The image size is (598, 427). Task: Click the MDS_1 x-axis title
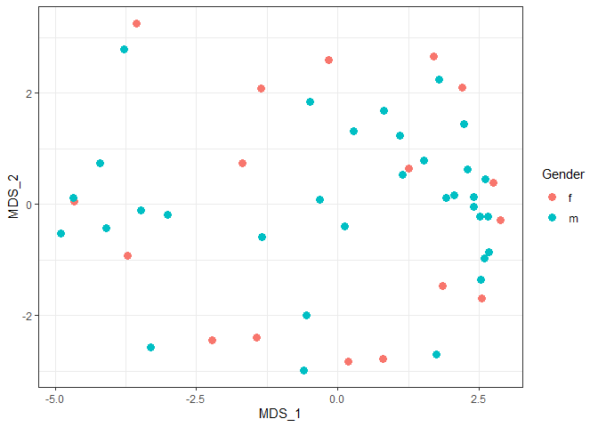(x=280, y=414)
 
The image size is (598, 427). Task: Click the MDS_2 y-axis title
(x=13, y=196)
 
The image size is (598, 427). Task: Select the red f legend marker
(x=552, y=197)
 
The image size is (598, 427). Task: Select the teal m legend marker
(x=552, y=217)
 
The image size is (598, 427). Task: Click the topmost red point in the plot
(x=136, y=23)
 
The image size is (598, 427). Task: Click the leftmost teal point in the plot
(x=61, y=234)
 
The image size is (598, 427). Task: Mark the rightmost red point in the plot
(x=500, y=220)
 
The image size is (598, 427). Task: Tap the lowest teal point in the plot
(x=303, y=370)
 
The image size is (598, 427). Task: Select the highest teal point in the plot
(x=124, y=49)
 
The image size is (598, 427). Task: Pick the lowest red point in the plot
(x=348, y=361)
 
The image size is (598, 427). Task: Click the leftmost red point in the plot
(x=74, y=202)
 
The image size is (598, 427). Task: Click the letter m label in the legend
(x=571, y=217)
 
